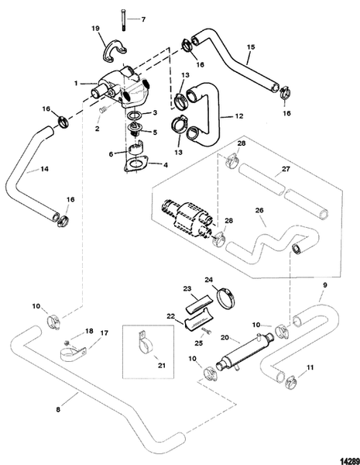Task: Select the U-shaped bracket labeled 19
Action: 116,53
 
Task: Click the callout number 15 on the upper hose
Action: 249,57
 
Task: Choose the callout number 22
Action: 171,316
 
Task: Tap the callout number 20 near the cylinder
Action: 224,337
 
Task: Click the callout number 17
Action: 105,334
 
